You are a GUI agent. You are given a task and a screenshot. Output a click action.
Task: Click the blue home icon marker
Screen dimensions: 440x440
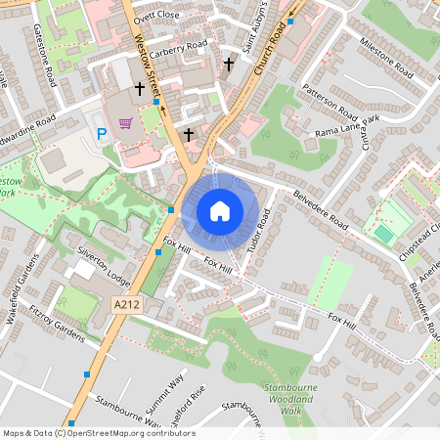pyautogui.click(x=220, y=210)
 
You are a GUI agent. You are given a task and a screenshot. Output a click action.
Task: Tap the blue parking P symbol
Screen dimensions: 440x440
pyautogui.click(x=100, y=133)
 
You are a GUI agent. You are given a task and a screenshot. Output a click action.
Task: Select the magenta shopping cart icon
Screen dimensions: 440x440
pyautogui.click(x=125, y=123)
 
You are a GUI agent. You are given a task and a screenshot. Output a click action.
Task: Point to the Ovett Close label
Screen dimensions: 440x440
pyautogui.click(x=158, y=17)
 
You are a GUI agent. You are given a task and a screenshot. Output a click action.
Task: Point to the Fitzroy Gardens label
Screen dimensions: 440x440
pyautogui.click(x=57, y=324)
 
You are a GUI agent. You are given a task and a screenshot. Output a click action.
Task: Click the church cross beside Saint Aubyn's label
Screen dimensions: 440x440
pyautogui.click(x=229, y=65)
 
